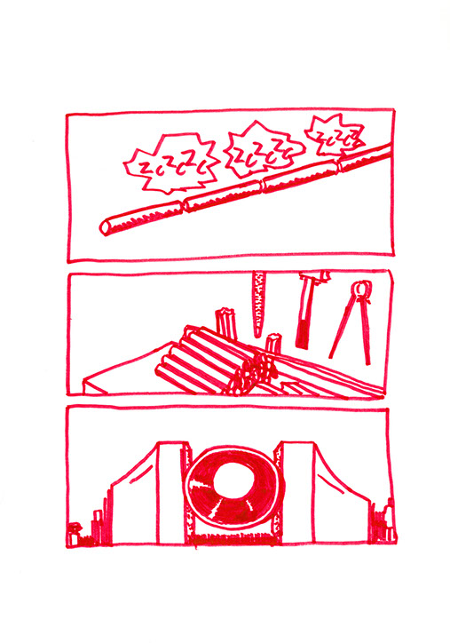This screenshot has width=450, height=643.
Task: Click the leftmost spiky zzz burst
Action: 170,164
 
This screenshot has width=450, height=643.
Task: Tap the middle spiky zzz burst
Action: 264,151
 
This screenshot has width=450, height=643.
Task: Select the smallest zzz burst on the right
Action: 334,135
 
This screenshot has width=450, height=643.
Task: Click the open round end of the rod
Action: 106,227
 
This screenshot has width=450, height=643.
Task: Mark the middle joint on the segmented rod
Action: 263,185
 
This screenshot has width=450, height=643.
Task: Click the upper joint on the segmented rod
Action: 338,166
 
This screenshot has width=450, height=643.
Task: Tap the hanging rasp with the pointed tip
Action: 259,304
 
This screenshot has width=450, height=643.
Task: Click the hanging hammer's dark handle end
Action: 303,334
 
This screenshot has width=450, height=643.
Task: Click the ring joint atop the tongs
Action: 361,289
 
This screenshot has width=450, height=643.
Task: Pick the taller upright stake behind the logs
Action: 225,324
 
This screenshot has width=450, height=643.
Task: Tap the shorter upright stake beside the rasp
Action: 272,344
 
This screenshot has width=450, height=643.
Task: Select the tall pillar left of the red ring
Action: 172,493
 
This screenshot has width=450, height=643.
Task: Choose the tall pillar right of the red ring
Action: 297,493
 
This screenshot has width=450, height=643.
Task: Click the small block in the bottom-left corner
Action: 75,536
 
